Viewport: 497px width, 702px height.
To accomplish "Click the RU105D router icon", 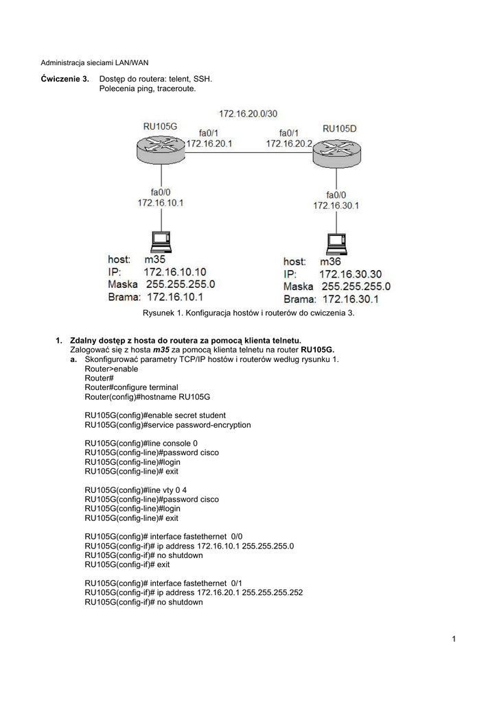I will (x=336, y=155).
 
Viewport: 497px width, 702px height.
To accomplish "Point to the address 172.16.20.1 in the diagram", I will (x=209, y=144).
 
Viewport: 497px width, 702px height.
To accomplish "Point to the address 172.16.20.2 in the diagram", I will (x=289, y=144).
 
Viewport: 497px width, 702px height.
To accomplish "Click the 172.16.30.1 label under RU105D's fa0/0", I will (x=336, y=205).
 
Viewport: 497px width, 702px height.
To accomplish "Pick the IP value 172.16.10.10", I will (x=174, y=272).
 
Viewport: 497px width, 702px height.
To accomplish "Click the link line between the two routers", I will (x=248, y=154).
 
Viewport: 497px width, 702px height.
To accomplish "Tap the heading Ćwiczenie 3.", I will (x=65, y=79).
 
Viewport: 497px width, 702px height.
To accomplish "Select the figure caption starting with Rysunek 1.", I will (x=248, y=313).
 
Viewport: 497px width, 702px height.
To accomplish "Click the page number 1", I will (x=454, y=640).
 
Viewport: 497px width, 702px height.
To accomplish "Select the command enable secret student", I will (x=155, y=415).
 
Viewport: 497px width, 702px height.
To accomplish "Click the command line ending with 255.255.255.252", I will (x=194, y=593).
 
